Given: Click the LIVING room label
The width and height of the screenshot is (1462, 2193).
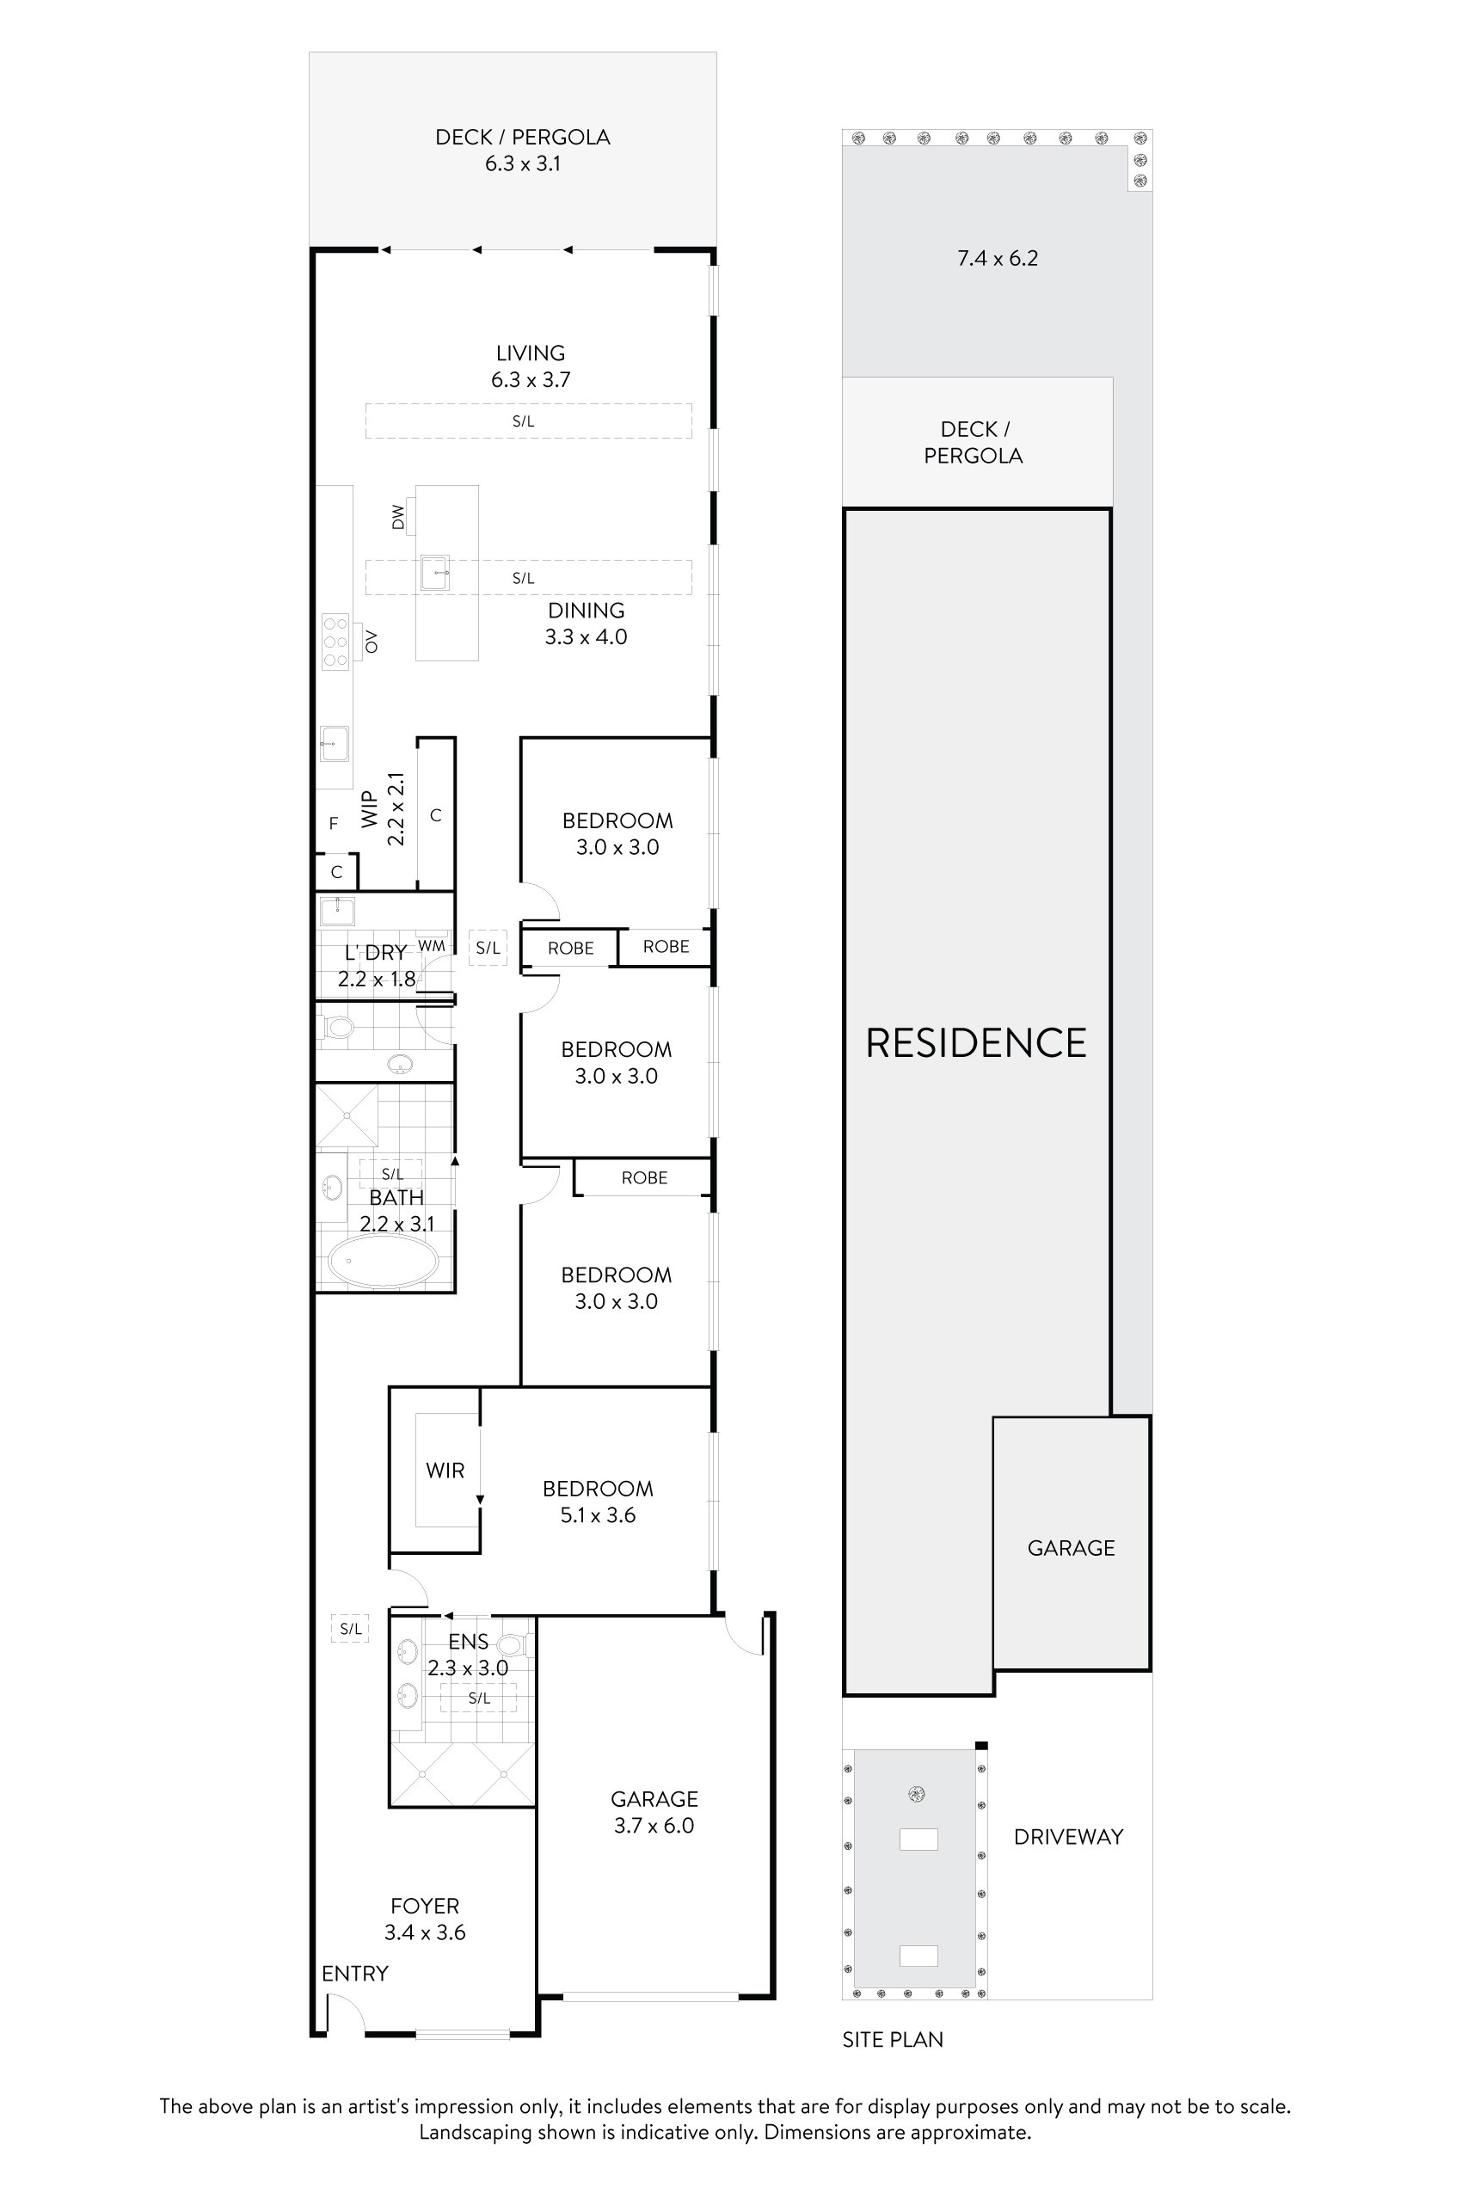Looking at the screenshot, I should click(x=530, y=353).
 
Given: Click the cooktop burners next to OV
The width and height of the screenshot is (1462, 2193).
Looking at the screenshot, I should click(x=335, y=642).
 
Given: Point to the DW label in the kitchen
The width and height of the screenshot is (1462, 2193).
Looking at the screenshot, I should click(x=398, y=517).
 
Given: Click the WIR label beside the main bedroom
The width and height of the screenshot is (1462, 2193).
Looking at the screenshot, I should click(x=445, y=1471).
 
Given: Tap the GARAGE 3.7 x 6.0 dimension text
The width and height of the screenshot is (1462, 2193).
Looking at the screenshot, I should click(x=654, y=1826).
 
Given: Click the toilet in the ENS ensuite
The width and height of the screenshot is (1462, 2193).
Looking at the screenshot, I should click(x=511, y=1644).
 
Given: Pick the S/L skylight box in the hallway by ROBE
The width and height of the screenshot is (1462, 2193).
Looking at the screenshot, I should click(x=488, y=949).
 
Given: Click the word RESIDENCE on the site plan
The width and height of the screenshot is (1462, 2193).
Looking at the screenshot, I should click(x=975, y=1043).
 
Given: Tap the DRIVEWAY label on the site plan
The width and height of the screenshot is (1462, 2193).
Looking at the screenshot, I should click(x=1067, y=1837).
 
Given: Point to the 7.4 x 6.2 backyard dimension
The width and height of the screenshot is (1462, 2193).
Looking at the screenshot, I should click(x=997, y=258).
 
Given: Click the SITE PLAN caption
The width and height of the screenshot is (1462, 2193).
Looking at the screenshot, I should click(x=893, y=2040).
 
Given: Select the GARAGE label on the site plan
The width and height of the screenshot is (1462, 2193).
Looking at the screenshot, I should click(x=1071, y=1548).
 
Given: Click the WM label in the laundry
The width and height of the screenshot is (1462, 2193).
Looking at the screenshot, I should click(x=432, y=945).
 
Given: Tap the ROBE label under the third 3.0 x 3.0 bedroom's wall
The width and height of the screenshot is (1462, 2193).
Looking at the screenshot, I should click(x=644, y=1177).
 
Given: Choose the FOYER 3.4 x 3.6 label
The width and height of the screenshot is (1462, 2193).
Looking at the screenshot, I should click(x=424, y=1919).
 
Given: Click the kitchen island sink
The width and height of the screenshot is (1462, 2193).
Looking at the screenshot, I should click(x=434, y=573).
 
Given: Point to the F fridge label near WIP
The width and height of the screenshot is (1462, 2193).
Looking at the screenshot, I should click(x=334, y=823).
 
